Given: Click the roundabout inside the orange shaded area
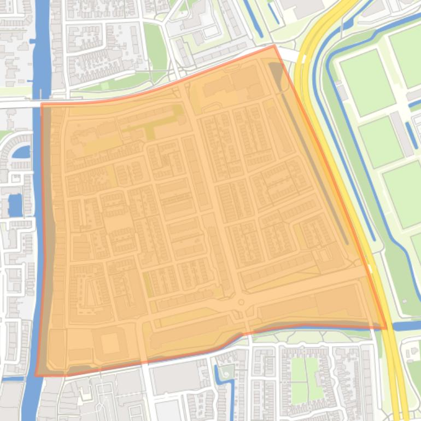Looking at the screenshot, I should [240, 302].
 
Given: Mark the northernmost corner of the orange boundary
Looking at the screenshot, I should [274, 46].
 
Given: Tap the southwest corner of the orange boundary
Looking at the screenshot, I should [36, 376].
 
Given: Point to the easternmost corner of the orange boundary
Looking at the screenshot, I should [386, 328].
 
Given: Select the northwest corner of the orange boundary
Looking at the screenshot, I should [42, 104].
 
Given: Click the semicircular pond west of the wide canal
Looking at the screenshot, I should [20, 151].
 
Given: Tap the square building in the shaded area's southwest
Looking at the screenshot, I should [110, 343].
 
